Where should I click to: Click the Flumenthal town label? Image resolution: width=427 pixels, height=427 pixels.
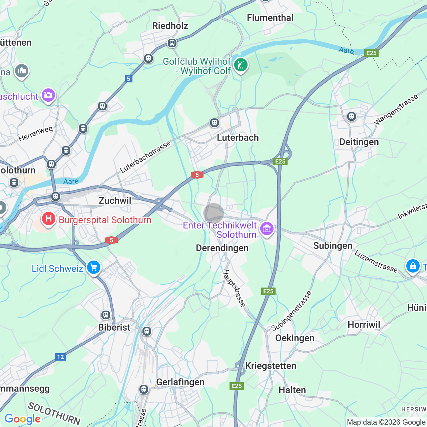pyautogui.click(x=270, y=18)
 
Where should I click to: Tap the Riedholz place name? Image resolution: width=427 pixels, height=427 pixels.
pyautogui.click(x=170, y=26)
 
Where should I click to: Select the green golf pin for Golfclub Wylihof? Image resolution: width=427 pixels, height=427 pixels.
pyautogui.click(x=241, y=65)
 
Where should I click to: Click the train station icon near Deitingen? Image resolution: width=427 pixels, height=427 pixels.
pyautogui.click(x=351, y=116)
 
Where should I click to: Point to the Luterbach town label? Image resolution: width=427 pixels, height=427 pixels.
pyautogui.click(x=238, y=138)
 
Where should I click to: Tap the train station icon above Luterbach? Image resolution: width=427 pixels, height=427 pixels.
pyautogui.click(x=215, y=123)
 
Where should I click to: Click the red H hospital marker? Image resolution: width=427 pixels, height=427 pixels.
pyautogui.click(x=48, y=219)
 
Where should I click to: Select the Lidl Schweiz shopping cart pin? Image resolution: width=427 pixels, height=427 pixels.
pyautogui.click(x=94, y=268)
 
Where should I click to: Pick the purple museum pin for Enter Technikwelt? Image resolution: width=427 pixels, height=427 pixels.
pyautogui.click(x=267, y=229)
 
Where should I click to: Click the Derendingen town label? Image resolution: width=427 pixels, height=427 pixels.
pyautogui.click(x=222, y=248)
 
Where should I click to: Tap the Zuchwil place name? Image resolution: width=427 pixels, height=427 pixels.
pyautogui.click(x=115, y=201)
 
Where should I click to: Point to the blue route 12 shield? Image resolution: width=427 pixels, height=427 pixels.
pyautogui.click(x=60, y=357)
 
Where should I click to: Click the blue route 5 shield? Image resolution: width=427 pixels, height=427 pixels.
pyautogui.click(x=128, y=79)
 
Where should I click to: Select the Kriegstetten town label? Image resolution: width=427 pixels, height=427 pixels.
pyautogui.click(x=271, y=366)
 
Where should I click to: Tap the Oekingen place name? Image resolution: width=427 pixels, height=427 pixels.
pyautogui.click(x=295, y=338)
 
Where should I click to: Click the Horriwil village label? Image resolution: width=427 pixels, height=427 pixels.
pyautogui.click(x=364, y=325)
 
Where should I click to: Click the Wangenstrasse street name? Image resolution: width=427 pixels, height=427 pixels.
pyautogui.click(x=396, y=110)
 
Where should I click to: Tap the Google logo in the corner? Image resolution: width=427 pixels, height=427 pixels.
pyautogui.click(x=22, y=419)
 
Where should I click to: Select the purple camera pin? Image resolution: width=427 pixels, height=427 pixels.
pyautogui.click(x=48, y=95)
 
